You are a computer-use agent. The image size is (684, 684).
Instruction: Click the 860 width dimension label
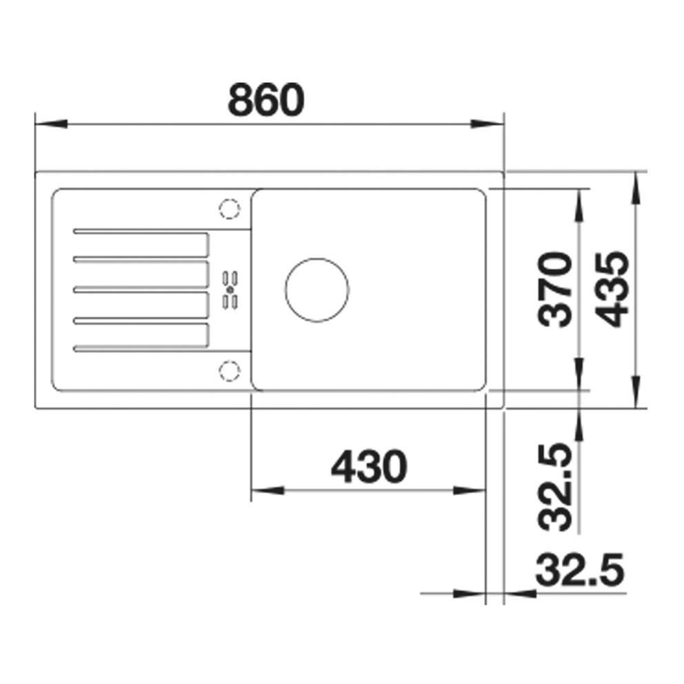265,99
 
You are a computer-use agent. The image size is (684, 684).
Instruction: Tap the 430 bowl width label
369,466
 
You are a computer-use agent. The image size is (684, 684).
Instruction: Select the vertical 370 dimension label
555,289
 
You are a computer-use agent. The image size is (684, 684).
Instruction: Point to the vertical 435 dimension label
612,289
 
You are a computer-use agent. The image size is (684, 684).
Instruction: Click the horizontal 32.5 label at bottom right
580,570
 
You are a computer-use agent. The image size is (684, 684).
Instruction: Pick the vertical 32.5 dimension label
555,487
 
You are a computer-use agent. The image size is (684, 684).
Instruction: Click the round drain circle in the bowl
317,290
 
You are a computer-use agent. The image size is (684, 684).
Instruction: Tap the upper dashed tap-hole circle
230,208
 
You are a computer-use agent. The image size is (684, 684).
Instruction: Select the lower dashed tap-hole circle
230,371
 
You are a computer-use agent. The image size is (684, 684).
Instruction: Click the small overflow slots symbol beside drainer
230,290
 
